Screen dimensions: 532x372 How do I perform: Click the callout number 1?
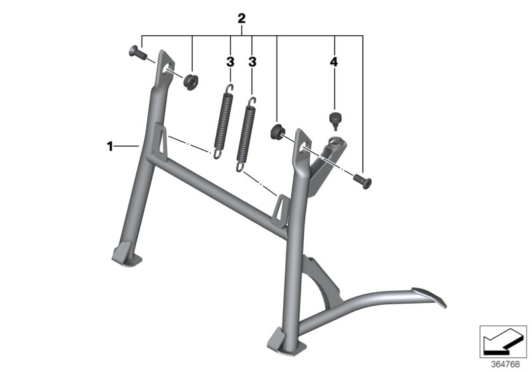point(110,146)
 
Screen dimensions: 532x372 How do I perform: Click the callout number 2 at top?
point(241,19)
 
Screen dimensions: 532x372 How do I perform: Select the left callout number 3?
point(230,62)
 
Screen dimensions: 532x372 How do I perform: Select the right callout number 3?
point(252,62)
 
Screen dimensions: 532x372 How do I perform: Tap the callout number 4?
point(334,62)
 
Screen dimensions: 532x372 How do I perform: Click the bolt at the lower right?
point(362,181)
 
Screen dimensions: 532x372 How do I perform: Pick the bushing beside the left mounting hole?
point(191,80)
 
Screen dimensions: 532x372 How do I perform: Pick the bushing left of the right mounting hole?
point(277,131)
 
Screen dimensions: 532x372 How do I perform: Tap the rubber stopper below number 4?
point(334,122)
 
